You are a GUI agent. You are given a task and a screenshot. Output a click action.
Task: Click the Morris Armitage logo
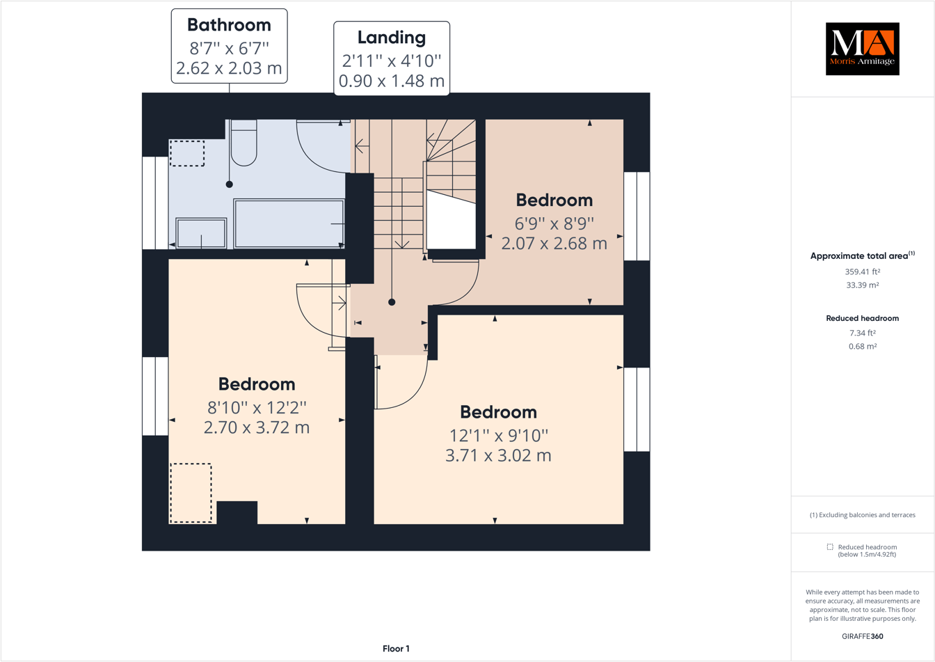pos(862,49)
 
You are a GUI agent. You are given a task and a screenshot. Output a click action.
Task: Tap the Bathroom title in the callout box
pos(229,25)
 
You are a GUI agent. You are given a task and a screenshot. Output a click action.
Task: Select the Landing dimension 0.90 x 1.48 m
pos(391,81)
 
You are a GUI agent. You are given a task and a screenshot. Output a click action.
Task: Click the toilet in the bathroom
pos(243,144)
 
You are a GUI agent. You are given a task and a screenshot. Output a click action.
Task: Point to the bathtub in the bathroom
pos(289,223)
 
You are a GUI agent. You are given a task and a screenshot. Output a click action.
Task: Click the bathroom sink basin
pos(201,233)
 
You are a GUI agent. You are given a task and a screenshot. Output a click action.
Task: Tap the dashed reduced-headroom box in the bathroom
pos(187,153)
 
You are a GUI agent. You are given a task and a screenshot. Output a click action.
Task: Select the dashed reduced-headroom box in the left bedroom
pos(191,493)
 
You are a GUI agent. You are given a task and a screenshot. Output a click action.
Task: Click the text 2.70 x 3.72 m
pos(257,427)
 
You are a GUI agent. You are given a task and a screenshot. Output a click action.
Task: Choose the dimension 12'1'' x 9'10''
pos(498,435)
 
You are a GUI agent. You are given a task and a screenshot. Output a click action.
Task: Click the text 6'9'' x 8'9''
pos(554,223)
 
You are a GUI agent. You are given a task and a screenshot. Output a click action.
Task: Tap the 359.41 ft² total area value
pos(862,272)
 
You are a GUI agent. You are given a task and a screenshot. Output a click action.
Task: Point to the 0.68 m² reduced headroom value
pos(862,346)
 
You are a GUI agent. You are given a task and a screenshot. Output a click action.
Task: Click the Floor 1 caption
pos(396,649)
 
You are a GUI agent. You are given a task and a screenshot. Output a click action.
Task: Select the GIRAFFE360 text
pos(862,636)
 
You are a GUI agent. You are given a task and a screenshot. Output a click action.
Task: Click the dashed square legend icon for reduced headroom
pos(830,547)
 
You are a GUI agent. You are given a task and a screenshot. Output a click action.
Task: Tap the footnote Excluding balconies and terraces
pos(862,515)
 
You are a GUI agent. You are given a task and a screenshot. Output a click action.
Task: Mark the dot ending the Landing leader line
pos(392,302)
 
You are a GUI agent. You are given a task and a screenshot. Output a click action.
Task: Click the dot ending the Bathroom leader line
pos(229,184)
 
